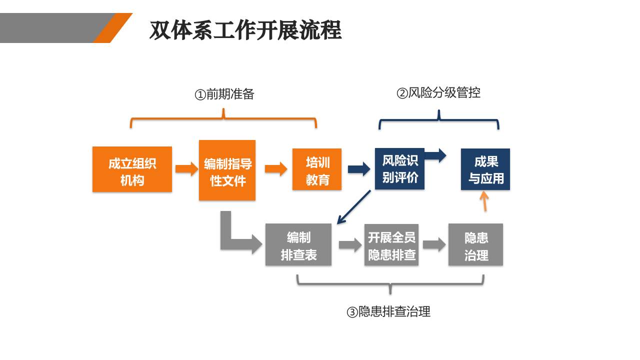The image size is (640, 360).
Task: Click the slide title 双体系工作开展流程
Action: coord(245,30)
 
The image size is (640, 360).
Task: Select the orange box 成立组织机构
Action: coord(132,169)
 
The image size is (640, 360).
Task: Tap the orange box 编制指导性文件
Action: coord(227,170)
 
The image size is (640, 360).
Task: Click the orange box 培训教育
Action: coord(317,169)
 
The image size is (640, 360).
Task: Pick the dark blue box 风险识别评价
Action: coord(399,169)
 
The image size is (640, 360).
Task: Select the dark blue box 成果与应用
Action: coord(485,169)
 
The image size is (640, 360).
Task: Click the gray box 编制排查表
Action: coord(298,244)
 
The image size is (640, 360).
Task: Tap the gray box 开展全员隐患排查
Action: coord(391,245)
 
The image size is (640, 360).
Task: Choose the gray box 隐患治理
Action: coord(475,244)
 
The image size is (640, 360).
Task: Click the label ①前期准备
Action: coord(224,94)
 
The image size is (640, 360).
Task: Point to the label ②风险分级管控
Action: coord(438,93)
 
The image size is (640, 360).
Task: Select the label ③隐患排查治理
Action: coord(388,312)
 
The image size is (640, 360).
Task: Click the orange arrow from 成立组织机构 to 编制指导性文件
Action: coord(186,168)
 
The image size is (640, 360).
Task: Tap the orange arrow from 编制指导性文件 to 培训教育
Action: coord(275,169)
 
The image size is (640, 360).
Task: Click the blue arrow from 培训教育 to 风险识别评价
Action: coord(359,169)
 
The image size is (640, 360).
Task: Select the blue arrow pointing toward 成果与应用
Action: coord(435,155)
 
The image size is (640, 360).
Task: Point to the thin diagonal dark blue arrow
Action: coord(353,207)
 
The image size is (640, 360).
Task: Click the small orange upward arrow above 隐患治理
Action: coord(484,201)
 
